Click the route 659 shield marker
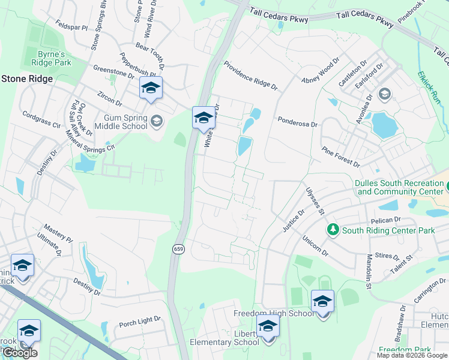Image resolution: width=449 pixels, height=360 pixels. (179, 249)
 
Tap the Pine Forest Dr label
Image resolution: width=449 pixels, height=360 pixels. (340, 156)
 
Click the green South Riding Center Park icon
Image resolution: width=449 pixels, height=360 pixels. (333, 230)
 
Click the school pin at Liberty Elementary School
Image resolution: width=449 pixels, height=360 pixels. (268, 328)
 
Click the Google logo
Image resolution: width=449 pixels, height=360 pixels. (20, 353)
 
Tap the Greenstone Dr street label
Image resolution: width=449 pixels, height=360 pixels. (113, 71)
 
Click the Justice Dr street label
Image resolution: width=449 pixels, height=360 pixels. (294, 220)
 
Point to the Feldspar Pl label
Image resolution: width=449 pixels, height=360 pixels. (71, 28)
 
